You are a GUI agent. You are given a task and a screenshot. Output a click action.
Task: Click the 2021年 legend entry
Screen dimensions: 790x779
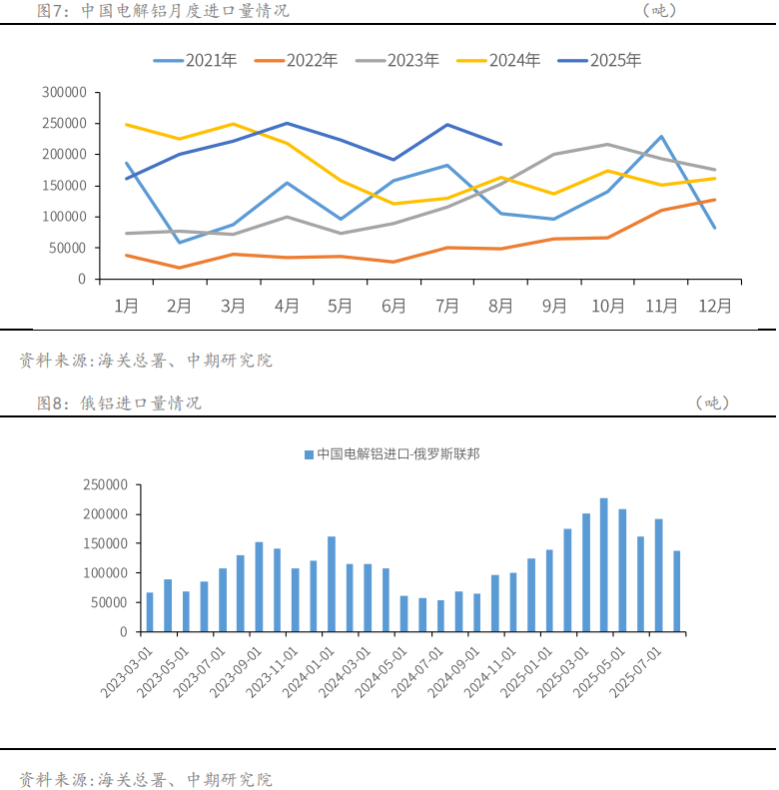(x=196, y=60)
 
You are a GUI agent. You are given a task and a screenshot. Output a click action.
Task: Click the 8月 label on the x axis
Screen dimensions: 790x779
(x=501, y=307)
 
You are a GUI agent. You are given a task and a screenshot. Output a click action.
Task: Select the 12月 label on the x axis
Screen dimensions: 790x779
(x=715, y=307)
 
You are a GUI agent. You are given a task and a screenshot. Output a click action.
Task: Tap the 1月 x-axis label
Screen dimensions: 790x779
(x=126, y=307)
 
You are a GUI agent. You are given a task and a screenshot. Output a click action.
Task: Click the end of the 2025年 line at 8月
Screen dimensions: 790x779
(x=501, y=144)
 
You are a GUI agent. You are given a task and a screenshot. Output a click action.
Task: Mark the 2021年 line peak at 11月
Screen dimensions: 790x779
(x=661, y=137)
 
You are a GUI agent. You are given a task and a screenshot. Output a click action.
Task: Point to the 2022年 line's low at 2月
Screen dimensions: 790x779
(x=179, y=268)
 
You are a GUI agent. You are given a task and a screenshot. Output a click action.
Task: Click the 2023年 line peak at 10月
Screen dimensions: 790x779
(x=607, y=145)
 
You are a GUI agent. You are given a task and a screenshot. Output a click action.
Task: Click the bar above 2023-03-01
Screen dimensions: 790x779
(x=150, y=612)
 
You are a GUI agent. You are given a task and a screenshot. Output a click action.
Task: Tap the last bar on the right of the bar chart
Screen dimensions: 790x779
(x=677, y=591)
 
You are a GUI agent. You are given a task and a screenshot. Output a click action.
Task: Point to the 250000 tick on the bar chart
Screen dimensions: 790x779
(x=105, y=485)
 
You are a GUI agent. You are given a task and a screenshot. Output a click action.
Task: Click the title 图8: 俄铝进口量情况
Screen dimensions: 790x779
(x=120, y=402)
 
